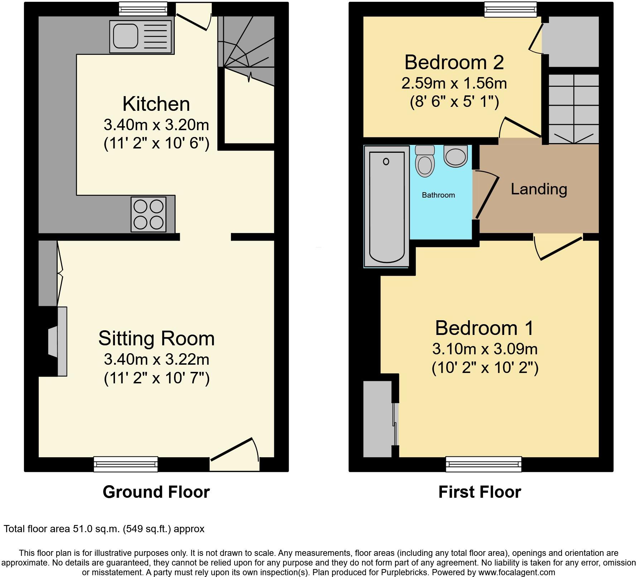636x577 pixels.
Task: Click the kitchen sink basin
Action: (125, 36)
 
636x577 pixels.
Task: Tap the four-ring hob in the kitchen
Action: (149, 214)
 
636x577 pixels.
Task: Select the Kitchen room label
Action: (156, 104)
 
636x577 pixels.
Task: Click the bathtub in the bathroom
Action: (386, 207)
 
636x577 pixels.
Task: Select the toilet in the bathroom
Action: (425, 161)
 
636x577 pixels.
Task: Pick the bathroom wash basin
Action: (456, 156)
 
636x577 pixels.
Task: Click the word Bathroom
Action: (438, 195)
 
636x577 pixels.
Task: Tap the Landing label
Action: (539, 189)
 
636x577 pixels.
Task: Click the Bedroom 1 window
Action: (483, 464)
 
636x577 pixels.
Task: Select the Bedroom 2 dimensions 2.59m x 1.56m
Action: (454, 84)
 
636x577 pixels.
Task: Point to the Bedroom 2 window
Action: (510, 9)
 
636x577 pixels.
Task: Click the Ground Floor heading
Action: (156, 492)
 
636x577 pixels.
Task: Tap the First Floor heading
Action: (480, 492)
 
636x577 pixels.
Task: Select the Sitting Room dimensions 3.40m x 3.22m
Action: (156, 359)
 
